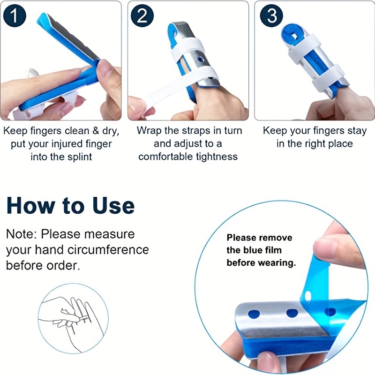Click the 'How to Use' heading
(70, 206)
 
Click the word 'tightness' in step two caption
(216, 157)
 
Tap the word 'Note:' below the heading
(22, 233)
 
